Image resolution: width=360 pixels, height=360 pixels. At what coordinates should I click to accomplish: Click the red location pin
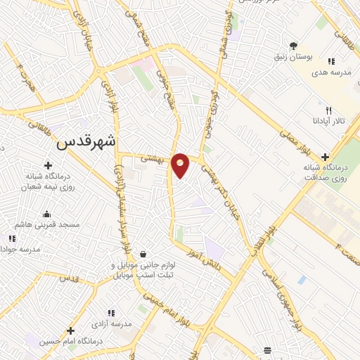[181, 165]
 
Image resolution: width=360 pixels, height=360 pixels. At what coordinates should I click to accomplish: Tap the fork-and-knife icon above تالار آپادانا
[328, 110]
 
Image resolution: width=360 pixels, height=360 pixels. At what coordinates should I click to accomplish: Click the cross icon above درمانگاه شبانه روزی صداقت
[324, 157]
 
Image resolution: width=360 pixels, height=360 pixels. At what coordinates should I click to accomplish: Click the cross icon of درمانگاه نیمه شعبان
[47, 165]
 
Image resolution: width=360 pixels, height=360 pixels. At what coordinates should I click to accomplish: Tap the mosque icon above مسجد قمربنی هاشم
[47, 214]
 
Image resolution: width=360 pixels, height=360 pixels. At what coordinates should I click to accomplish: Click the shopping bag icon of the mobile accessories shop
[143, 254]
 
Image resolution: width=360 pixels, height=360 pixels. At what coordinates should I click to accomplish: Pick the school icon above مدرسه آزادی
[110, 313]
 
